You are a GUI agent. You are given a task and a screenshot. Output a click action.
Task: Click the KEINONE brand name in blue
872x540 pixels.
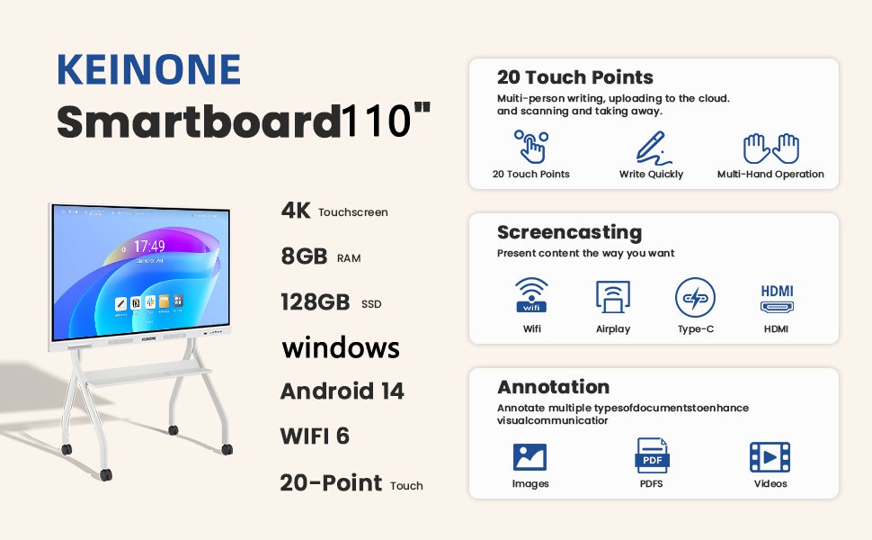pyautogui.click(x=148, y=69)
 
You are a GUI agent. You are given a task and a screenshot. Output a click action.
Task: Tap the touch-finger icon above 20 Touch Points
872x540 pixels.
pyautogui.click(x=531, y=147)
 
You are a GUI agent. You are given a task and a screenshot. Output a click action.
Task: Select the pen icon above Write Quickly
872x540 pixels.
pyautogui.click(x=653, y=148)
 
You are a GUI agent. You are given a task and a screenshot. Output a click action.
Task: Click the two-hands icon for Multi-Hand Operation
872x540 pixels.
pyautogui.click(x=770, y=148)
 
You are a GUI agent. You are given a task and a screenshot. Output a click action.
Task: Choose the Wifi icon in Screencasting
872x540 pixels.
pyautogui.click(x=531, y=295)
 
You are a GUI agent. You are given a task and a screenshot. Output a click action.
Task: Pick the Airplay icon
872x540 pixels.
pyautogui.click(x=613, y=297)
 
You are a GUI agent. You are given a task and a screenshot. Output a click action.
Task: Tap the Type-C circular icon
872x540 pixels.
pyautogui.click(x=695, y=297)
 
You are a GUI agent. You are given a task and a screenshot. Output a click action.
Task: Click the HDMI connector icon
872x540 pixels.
pyautogui.click(x=777, y=299)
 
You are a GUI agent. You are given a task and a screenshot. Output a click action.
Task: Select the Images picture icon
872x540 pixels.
pyautogui.click(x=529, y=457)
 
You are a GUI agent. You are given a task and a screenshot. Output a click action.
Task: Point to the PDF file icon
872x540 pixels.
pyautogui.click(x=652, y=455)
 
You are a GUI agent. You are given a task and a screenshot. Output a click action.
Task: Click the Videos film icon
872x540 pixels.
pyautogui.click(x=770, y=457)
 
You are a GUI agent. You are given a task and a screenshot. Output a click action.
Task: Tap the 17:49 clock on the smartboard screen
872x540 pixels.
pyautogui.click(x=149, y=246)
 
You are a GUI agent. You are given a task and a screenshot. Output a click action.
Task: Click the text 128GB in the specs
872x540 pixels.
pyautogui.click(x=316, y=302)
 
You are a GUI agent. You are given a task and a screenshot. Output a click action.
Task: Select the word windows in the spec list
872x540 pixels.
pyautogui.click(x=341, y=348)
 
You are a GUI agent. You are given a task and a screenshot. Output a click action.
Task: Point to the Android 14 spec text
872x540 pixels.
pyautogui.click(x=342, y=391)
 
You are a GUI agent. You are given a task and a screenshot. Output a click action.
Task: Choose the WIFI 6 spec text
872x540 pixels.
pyautogui.click(x=315, y=436)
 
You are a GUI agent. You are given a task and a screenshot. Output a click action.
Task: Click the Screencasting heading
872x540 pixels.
pyautogui.click(x=569, y=233)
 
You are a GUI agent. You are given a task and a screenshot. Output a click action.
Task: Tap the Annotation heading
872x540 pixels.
pyautogui.click(x=554, y=387)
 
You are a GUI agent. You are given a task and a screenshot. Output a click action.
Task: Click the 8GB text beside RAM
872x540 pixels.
pyautogui.click(x=304, y=256)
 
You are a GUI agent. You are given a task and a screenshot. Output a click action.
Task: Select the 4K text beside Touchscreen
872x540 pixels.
pyautogui.click(x=296, y=211)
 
